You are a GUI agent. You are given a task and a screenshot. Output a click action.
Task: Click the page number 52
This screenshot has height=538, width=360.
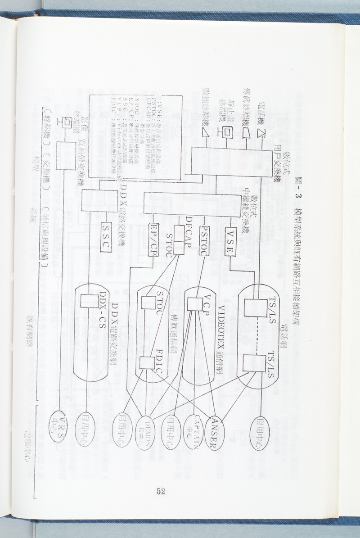tap(161, 491)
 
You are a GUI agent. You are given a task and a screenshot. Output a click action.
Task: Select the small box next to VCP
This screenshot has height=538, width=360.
tap(194, 305)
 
